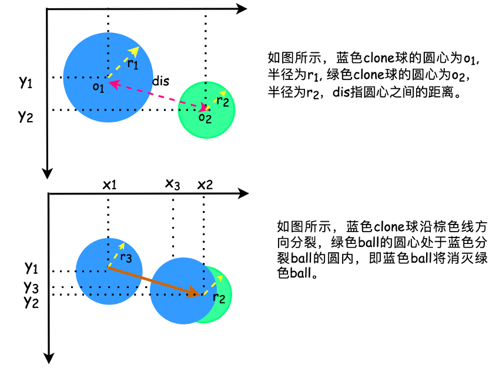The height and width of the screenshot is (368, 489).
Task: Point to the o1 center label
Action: pos(98,87)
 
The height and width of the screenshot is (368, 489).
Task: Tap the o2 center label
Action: pos(204,118)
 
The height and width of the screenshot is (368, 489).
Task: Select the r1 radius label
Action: pos(133,63)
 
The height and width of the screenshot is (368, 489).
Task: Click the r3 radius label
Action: pos(125,257)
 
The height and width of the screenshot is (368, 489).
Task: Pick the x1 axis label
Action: pos(109,185)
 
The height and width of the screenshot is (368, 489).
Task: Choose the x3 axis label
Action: pos(172,185)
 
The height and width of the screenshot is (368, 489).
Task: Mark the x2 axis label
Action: pos(205,185)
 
